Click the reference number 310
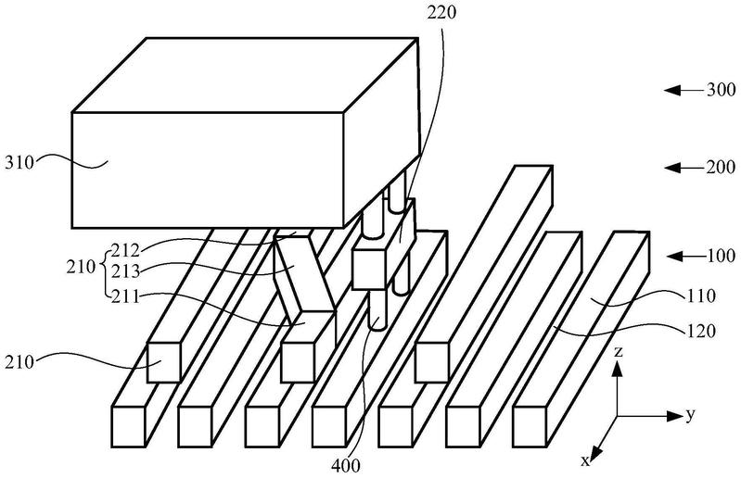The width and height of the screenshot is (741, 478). [x=19, y=163]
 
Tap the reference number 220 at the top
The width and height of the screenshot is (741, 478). [x=441, y=12]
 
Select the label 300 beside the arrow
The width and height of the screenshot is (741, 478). [x=722, y=90]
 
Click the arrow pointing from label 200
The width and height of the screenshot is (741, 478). [x=683, y=168]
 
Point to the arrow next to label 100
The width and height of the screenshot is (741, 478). [x=685, y=257]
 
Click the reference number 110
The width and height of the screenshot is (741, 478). [x=701, y=296]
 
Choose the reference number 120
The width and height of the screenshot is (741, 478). [x=701, y=332]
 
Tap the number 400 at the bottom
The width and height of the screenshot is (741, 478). [x=345, y=466]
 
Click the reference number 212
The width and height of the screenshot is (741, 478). [x=125, y=249]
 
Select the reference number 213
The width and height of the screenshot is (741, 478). [x=125, y=271]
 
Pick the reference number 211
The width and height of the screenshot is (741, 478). [x=125, y=296]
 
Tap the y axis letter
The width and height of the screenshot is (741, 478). [x=691, y=415]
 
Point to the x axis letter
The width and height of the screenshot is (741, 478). [x=585, y=460]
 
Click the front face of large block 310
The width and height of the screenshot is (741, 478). [x=208, y=170]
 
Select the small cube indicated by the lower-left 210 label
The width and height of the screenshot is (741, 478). [x=163, y=362]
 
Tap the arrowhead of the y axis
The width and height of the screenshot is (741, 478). [x=673, y=416]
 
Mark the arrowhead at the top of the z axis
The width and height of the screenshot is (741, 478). [x=617, y=368]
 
